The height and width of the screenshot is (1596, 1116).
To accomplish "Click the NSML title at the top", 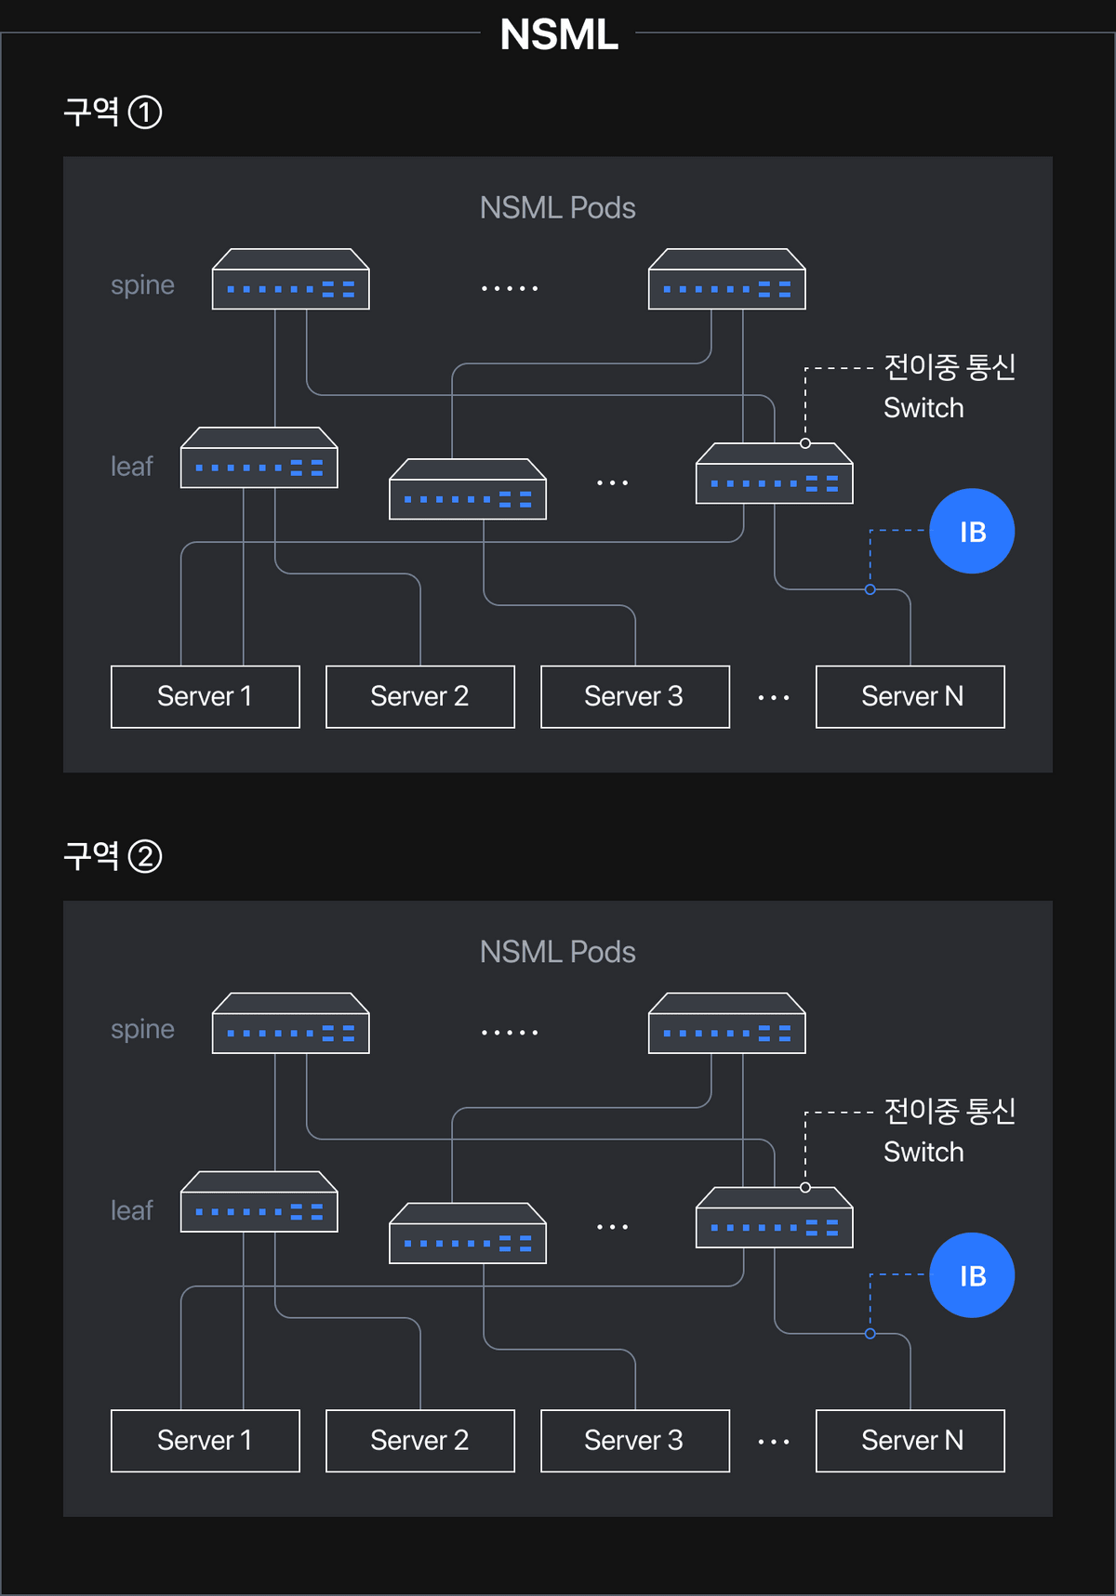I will pos(559,34).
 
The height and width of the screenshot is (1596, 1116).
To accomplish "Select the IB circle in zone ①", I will pos(972,531).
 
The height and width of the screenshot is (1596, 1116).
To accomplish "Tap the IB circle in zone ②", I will pos(972,1275).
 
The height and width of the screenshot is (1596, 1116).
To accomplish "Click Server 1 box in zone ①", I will pos(205,696).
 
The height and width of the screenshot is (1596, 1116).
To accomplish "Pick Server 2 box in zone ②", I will pos(419,1440).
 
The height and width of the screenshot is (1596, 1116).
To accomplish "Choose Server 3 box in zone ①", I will pos(634,696).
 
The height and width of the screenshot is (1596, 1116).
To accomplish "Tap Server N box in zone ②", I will pos(910,1440).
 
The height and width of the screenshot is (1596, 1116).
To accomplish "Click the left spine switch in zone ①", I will pos(290,280).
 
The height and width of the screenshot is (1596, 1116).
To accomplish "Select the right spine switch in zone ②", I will pos(726,1023).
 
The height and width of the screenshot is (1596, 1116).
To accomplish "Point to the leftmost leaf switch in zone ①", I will pos(259,458).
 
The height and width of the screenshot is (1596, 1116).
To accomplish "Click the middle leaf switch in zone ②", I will pos(467,1233).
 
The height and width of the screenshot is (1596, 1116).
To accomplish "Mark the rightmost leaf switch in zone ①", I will pos(774,474).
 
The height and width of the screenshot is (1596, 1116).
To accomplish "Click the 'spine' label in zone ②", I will pos(142,1029).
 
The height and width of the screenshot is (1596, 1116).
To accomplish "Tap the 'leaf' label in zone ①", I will pos(131,466).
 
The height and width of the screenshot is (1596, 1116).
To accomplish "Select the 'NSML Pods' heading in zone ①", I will pos(557,207).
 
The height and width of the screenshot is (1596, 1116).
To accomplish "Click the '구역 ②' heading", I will pos(112,855).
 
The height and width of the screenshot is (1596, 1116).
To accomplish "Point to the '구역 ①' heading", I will pos(112,112).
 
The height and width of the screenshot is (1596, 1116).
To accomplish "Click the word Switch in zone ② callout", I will pos(923,1152).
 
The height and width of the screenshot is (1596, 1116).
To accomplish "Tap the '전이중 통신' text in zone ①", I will pos(949,366).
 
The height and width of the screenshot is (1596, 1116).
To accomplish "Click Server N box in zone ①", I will pos(910,696).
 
